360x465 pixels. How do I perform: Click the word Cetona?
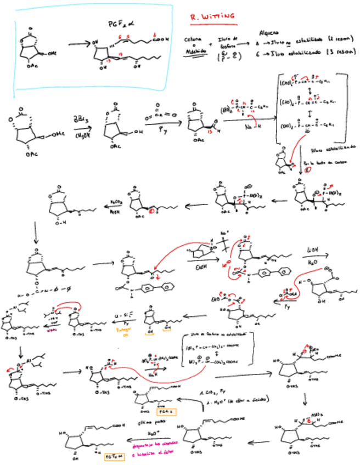193,39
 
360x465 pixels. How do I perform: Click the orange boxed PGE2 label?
164,411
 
